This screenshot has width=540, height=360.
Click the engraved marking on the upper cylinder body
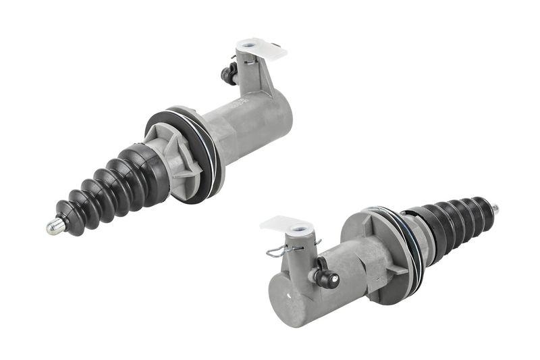(x=238, y=104)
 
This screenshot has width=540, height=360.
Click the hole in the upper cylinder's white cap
(x=251, y=47)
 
